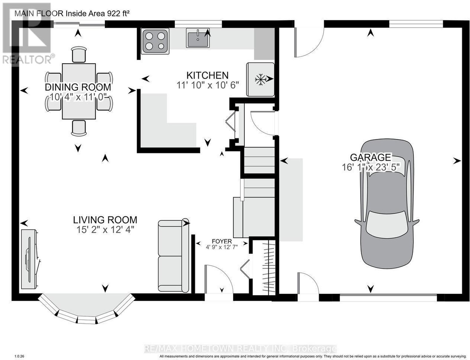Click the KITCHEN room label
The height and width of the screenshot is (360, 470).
click(207, 76)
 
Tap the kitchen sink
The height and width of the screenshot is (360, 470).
click(198, 38)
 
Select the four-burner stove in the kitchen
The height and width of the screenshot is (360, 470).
click(155, 41)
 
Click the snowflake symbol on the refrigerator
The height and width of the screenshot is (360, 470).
click(261, 79)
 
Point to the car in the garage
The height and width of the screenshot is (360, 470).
click(387, 204)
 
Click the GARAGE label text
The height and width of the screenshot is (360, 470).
click(370, 157)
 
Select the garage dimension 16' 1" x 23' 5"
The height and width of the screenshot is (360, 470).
click(370, 167)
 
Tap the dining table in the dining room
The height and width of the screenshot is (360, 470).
click(79, 91)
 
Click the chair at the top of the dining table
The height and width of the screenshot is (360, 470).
click(79, 55)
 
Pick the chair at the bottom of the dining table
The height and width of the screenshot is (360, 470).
click(79, 128)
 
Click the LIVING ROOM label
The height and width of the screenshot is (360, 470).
click(105, 220)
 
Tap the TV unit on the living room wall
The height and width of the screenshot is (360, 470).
click(30, 259)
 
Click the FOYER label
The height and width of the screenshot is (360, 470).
click(222, 241)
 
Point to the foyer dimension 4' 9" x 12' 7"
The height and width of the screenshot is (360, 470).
click(222, 247)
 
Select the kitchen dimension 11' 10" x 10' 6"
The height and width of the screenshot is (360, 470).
click(208, 85)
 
